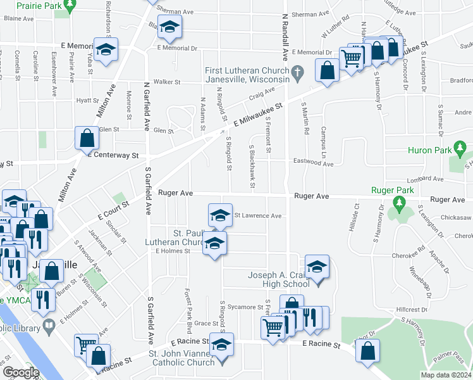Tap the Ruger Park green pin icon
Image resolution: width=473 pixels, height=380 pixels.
tap(398, 204)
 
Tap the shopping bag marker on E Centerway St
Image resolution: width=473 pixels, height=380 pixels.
tap(87, 138)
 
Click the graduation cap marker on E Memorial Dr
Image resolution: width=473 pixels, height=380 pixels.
tap(106, 49)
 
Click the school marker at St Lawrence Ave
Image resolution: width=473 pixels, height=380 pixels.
tap(221, 215)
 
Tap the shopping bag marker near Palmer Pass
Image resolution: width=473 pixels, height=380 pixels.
tap(368, 350)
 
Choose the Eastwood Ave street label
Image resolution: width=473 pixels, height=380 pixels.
tap(313, 163)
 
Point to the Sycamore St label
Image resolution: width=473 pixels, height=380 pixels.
tap(245, 307)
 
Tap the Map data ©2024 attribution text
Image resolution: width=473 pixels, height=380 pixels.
tap(446, 375)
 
